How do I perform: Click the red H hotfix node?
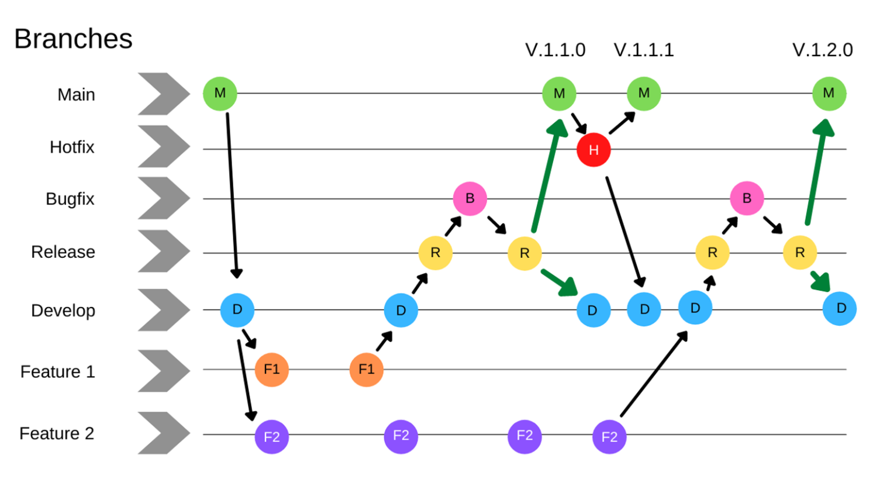click(593, 150)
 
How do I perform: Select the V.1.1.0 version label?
click(555, 50)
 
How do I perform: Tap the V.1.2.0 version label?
click(822, 50)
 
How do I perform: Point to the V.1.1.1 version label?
click(644, 50)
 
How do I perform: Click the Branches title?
click(73, 39)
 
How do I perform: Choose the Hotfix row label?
click(72, 147)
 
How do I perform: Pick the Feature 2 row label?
click(57, 433)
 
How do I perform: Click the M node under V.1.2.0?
click(829, 93)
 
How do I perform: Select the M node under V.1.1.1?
click(644, 93)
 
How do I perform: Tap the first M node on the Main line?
click(220, 93)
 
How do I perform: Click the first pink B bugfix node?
click(470, 198)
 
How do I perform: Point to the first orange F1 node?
click(271, 370)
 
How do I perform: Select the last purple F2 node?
click(609, 437)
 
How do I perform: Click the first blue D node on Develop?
click(237, 309)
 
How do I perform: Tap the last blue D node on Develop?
click(840, 308)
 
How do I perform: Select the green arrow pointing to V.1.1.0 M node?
click(548, 175)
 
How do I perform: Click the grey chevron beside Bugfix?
click(163, 198)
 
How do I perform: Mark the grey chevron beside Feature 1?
click(163, 371)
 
